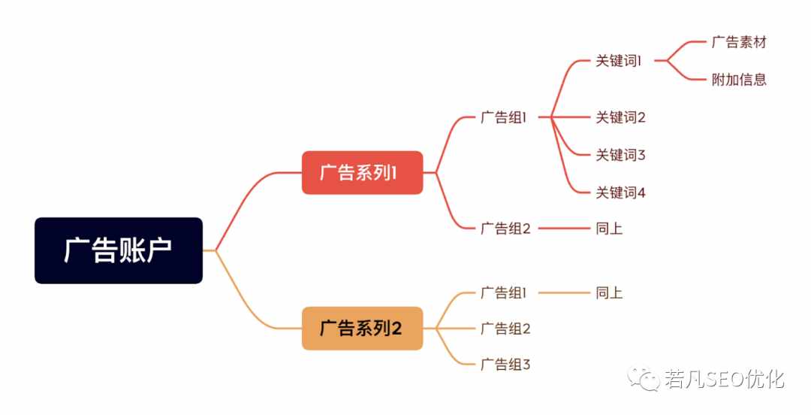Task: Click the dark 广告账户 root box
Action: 119,250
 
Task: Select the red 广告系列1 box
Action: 362,172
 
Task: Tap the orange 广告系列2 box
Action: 362,328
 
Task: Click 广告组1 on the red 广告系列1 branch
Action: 503,117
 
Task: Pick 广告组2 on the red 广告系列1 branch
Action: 505,228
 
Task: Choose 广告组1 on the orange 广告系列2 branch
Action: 503,292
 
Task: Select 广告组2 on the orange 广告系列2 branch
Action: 505,328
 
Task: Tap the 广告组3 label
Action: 505,364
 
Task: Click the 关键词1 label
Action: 618,61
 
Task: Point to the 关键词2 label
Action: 620,117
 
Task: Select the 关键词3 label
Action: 620,154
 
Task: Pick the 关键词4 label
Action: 620,192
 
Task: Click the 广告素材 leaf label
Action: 739,42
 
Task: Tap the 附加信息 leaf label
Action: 739,79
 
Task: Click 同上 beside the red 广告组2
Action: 609,228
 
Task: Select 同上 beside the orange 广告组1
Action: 609,292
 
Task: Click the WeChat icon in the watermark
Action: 644,379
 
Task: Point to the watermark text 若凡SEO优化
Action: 724,379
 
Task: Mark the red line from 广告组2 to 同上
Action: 564,228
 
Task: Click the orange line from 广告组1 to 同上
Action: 564,292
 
